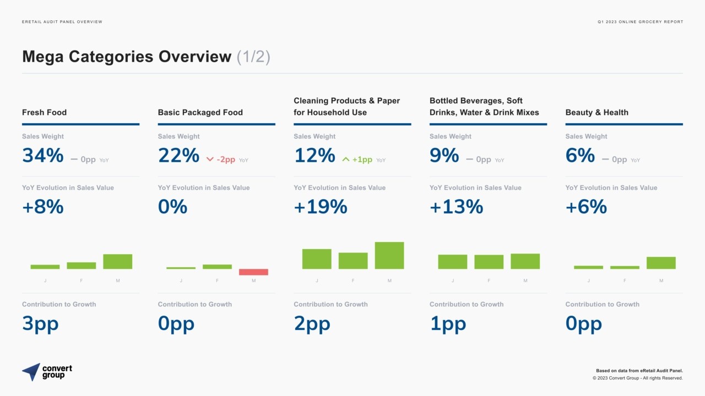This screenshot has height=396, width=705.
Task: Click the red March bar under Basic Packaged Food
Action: click(253, 272)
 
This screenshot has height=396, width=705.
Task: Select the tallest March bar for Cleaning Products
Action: click(389, 255)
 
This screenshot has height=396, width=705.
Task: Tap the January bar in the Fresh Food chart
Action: click(45, 267)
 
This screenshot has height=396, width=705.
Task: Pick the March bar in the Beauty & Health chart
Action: click(661, 263)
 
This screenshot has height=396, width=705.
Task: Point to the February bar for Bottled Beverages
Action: click(489, 262)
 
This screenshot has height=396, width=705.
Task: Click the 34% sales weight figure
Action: click(43, 155)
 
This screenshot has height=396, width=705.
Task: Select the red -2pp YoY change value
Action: click(226, 159)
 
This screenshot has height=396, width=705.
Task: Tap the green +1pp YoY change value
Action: click(362, 159)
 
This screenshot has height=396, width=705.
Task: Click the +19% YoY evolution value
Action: click(321, 206)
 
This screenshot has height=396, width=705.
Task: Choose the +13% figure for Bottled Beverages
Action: click(457, 206)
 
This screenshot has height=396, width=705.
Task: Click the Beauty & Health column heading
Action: click(596, 112)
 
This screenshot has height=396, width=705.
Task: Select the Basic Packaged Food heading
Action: click(200, 112)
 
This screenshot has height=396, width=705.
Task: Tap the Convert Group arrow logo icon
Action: click(31, 372)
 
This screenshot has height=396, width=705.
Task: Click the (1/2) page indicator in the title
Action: click(253, 57)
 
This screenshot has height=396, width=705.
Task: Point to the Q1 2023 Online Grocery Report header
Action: click(640, 21)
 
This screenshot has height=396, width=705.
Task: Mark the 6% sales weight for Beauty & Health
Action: click(580, 155)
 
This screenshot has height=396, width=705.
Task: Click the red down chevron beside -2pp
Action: click(210, 159)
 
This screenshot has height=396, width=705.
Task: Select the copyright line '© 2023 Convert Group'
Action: click(638, 378)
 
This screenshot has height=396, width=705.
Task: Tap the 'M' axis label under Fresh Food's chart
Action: click(118, 280)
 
